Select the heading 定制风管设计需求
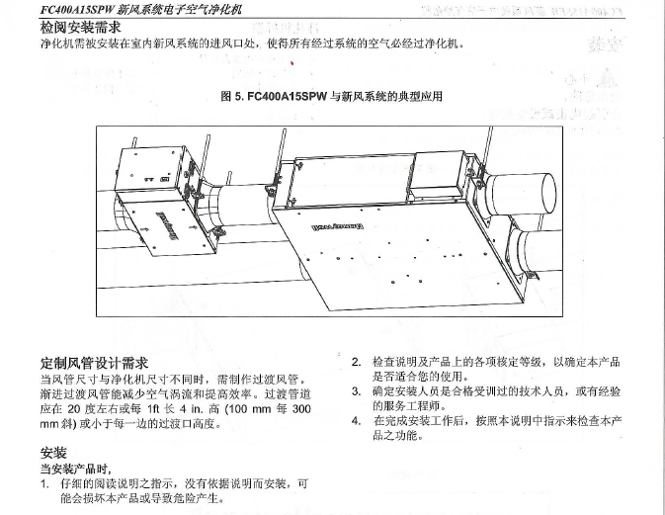pyautogui.click(x=94, y=362)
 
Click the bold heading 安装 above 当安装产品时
pyautogui.click(x=52, y=452)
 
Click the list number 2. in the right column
pyautogui.click(x=357, y=363)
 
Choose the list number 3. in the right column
pyautogui.click(x=357, y=391)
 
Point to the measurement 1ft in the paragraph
pyautogui.click(x=158, y=408)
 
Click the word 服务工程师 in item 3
pyautogui.click(x=405, y=405)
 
